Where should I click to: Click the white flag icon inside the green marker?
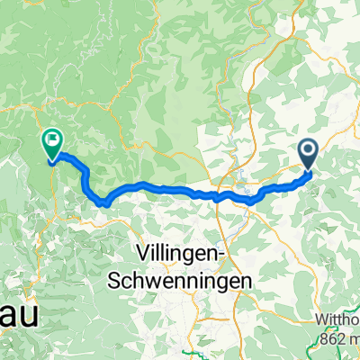click(x=52, y=139)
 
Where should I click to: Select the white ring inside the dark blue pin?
click(x=307, y=151)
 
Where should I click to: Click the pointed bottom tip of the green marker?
click(x=52, y=162)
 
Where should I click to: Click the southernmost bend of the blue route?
click(x=104, y=204)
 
